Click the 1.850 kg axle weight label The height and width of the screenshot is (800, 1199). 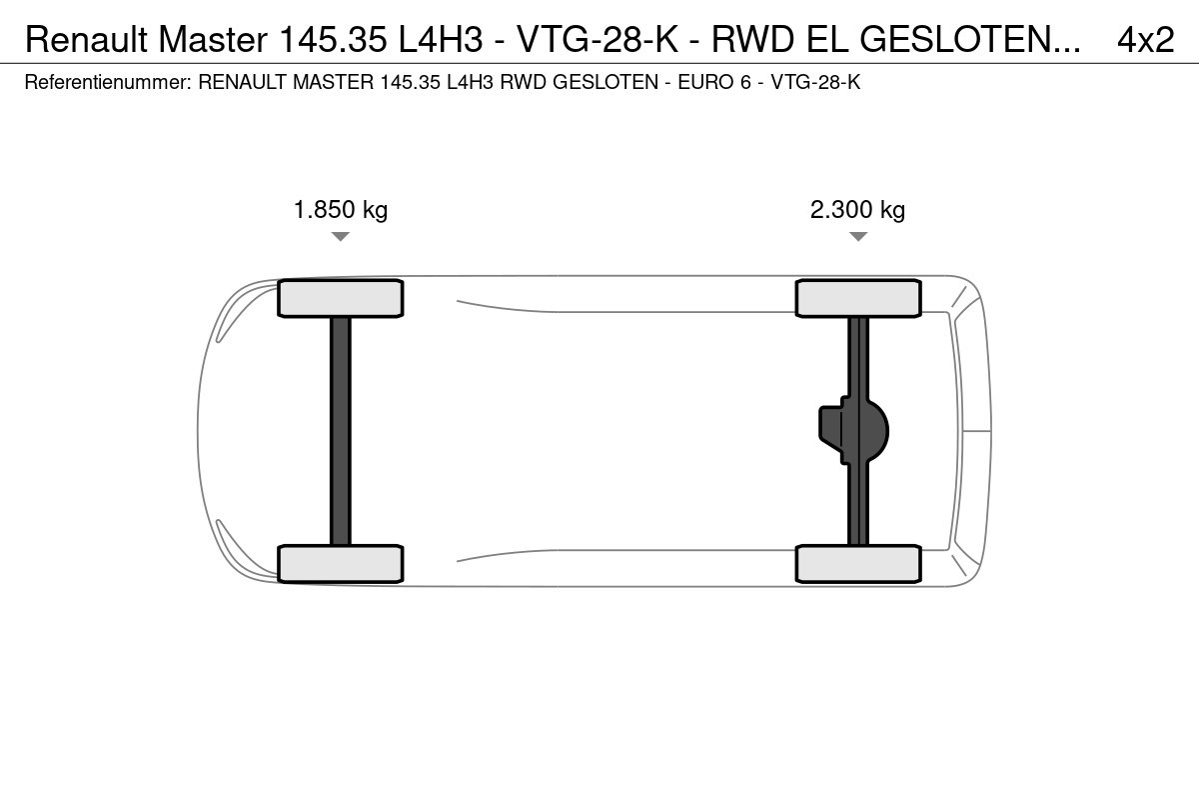tap(341, 210)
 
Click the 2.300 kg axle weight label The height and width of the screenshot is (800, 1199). tap(857, 210)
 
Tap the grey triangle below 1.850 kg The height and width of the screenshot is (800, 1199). tap(341, 236)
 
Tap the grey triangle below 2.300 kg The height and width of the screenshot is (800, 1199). tap(858, 236)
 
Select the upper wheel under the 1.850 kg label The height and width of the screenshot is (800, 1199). tap(341, 298)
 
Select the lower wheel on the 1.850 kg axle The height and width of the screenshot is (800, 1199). tap(341, 564)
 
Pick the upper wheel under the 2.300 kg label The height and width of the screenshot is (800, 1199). tap(858, 298)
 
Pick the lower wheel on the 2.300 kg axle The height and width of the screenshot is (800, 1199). tap(858, 564)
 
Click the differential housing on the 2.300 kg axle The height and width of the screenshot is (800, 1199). tap(853, 431)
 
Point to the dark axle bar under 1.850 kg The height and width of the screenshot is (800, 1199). tap(341, 431)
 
